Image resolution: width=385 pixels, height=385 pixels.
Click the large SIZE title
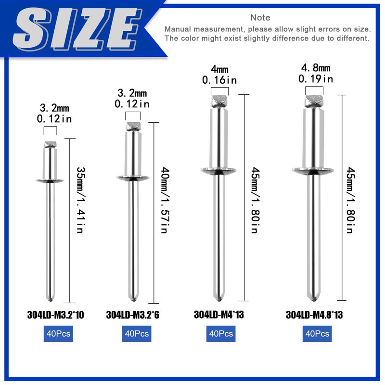point(77,29)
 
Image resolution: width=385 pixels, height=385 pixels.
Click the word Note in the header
point(260,17)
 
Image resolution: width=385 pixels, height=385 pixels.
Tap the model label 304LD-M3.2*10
point(55,315)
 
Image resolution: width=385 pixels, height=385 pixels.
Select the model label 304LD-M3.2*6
point(133,315)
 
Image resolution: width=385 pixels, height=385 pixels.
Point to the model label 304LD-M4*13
point(219,315)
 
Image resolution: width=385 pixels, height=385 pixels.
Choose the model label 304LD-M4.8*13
point(314,315)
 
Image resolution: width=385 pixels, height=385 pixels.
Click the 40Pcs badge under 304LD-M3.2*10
point(58,334)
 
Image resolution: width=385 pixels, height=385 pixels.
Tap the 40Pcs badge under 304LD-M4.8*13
point(317,334)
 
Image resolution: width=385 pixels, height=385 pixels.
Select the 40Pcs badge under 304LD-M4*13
point(221,334)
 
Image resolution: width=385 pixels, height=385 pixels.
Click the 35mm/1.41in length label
point(80,200)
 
